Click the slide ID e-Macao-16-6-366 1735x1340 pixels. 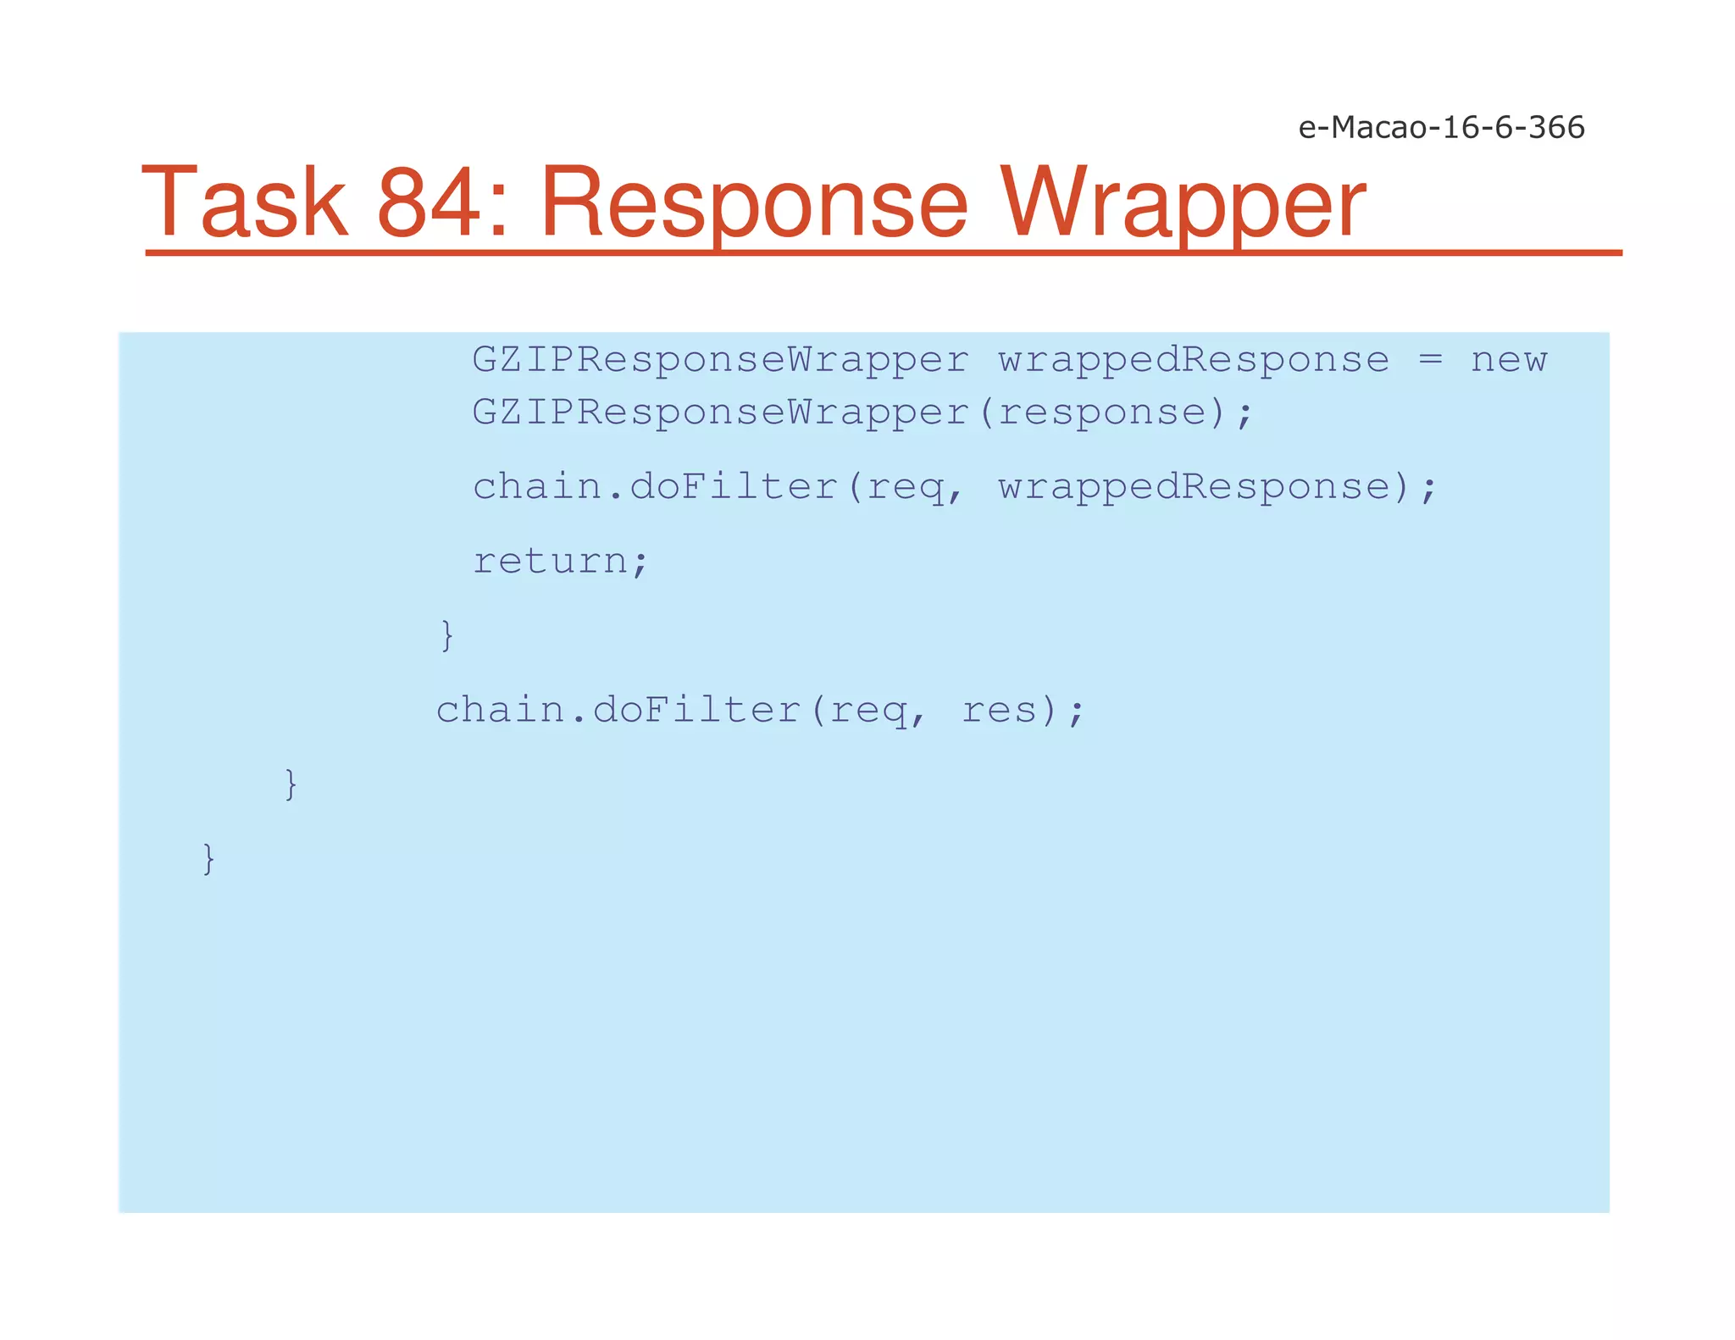click(1440, 127)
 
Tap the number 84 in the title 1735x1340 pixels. click(428, 203)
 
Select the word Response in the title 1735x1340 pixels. click(754, 203)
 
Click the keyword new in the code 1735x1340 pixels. click(1509, 360)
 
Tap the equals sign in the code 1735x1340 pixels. click(1430, 360)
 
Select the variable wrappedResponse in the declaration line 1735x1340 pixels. click(1194, 360)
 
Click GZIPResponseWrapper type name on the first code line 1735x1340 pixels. click(720, 360)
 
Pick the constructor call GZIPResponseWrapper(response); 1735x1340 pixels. click(862, 413)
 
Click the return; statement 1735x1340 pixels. click(560, 561)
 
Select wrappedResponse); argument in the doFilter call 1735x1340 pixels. click(1217, 487)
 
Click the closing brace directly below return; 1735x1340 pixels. click(447, 635)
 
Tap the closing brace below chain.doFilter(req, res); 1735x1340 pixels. click(291, 784)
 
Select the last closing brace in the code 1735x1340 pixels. click(208, 859)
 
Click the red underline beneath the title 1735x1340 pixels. click(883, 252)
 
